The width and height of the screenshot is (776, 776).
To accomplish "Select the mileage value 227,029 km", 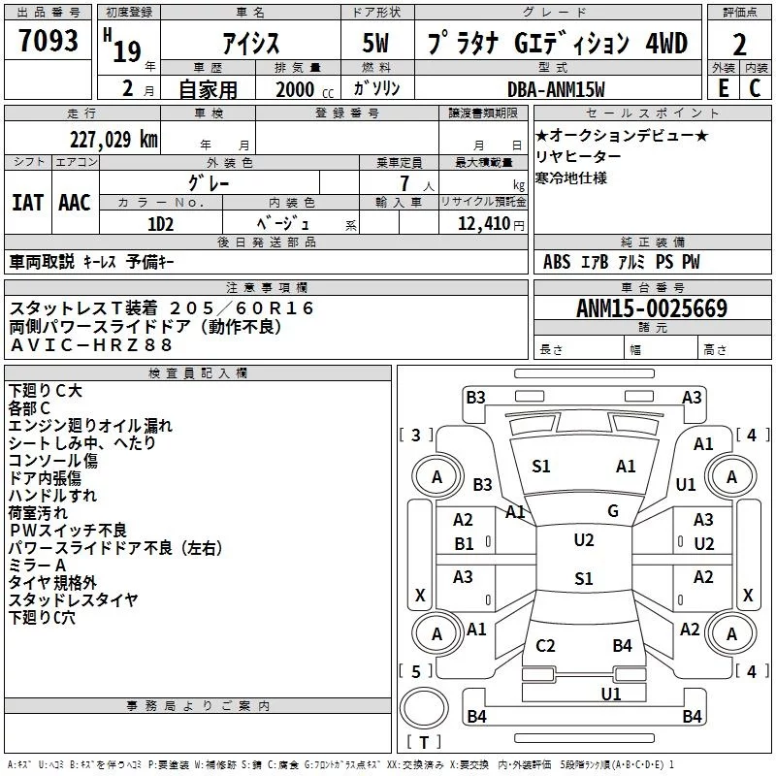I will tap(113, 139).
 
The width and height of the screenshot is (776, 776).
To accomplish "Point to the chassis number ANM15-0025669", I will tap(652, 308).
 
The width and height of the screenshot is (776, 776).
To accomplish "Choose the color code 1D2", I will tap(160, 223).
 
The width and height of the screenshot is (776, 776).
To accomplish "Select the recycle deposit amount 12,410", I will tap(482, 224).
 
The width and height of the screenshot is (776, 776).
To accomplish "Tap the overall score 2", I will tap(739, 45).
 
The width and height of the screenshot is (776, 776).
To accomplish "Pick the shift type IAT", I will tap(27, 203).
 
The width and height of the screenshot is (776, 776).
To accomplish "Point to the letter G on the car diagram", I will tap(613, 510).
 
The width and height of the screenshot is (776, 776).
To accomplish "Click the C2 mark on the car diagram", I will tap(545, 646).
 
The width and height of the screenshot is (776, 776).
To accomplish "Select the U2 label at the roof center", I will tap(584, 540).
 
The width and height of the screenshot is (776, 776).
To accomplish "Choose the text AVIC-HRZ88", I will tap(91, 344).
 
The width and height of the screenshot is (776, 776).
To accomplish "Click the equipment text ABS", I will tap(557, 262).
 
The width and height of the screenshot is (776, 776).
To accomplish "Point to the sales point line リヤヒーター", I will tap(579, 157).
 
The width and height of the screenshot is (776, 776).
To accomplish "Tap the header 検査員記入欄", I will tap(198, 372).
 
